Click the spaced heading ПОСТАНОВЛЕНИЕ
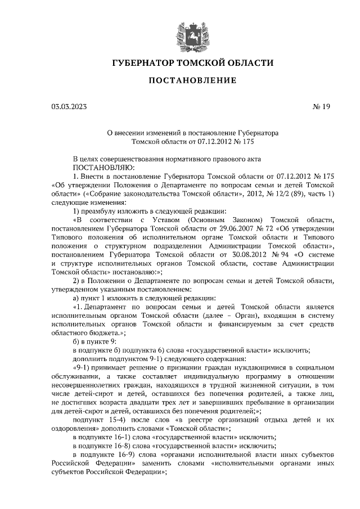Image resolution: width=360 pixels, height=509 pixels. click(192, 80)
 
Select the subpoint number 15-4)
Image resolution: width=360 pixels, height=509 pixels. click(112, 420)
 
